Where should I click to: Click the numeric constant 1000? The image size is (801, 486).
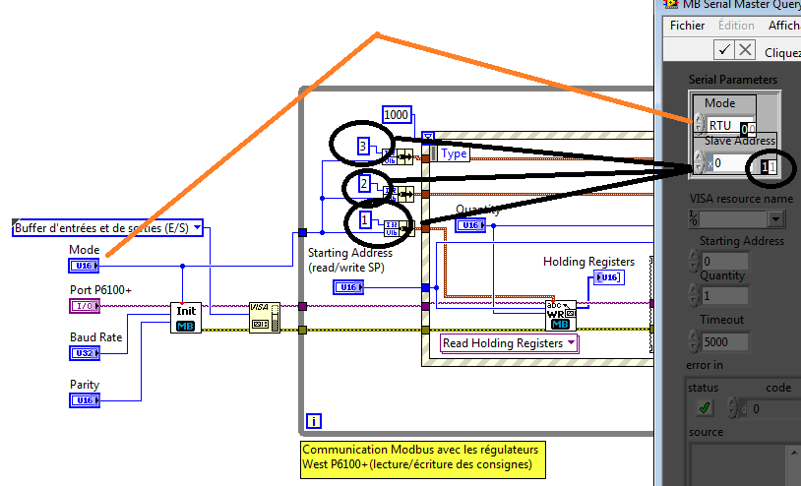tap(396, 114)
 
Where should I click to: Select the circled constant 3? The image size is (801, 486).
tap(363, 147)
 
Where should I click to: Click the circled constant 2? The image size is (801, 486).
tap(364, 184)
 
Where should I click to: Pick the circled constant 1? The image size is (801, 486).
tap(365, 220)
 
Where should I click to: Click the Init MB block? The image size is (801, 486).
tap(185, 317)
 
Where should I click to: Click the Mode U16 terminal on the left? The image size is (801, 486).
tap(83, 266)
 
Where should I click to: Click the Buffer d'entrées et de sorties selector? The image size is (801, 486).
tap(108, 228)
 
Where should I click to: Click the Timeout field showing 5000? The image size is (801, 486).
tap(722, 341)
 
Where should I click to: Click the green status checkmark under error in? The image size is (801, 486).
tap(705, 407)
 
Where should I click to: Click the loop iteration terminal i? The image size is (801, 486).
tap(314, 421)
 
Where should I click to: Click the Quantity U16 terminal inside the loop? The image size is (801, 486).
tap(470, 225)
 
